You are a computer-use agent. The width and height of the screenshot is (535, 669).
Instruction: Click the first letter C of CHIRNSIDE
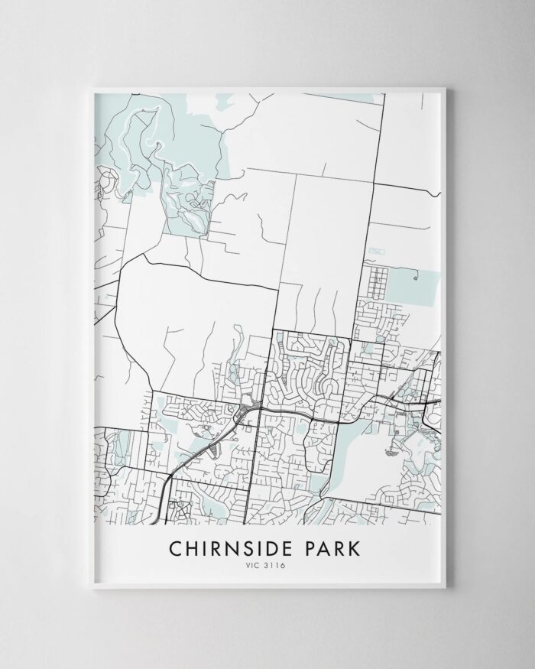tap(176, 550)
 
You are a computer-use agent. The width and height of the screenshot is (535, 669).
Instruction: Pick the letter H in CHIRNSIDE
tap(193, 550)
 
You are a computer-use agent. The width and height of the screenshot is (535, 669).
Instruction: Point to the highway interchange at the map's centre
tap(246, 412)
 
